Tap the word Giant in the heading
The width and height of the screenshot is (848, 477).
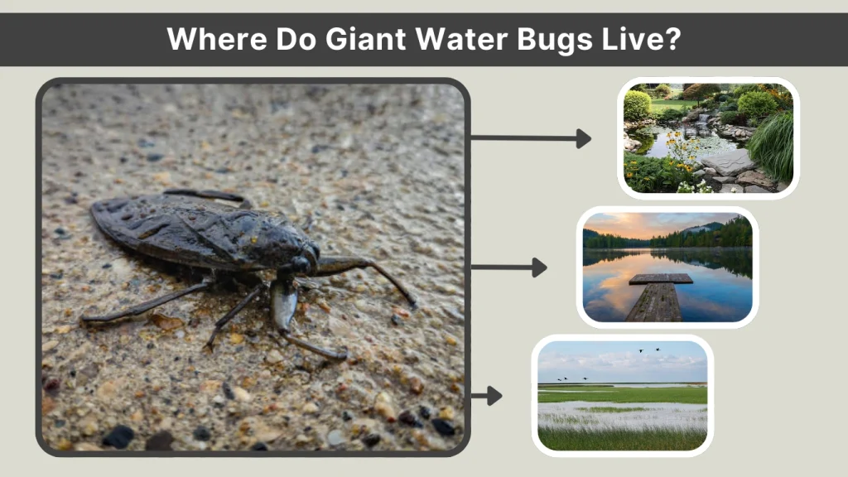[x=365, y=39]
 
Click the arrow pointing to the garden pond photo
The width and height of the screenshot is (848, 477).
[x=530, y=138]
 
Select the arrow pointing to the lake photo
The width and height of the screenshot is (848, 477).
[x=508, y=267]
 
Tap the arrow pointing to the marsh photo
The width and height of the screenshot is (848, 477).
[x=487, y=396]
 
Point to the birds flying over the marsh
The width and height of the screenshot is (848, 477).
[x=649, y=350]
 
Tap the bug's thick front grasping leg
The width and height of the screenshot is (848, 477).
[x=284, y=302]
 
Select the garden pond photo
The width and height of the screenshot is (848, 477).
[x=708, y=138]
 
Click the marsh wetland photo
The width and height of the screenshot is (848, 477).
[x=622, y=395]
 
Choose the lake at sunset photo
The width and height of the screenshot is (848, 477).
[x=667, y=267]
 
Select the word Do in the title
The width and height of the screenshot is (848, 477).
[x=289, y=39]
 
